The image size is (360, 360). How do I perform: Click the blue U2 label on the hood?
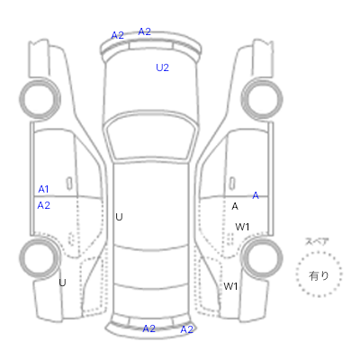(162, 67)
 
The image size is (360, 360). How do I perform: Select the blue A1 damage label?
(43, 189)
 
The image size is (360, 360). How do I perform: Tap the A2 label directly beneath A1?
(43, 205)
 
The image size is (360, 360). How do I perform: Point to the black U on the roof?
(119, 217)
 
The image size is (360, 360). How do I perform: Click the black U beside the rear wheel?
(62, 283)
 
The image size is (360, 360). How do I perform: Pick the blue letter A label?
(256, 195)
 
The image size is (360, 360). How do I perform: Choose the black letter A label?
(235, 206)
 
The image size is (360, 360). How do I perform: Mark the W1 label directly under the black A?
(242, 227)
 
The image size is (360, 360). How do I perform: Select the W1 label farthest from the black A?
(230, 286)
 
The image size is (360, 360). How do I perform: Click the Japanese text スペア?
(317, 242)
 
